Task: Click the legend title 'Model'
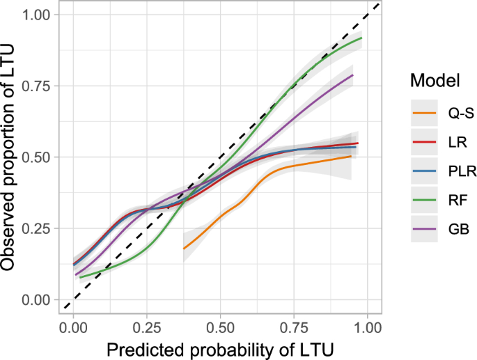pos(435,80)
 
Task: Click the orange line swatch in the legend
pos(423,111)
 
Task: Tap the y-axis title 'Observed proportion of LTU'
pos(11,157)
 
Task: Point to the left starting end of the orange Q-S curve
pos(184,248)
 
